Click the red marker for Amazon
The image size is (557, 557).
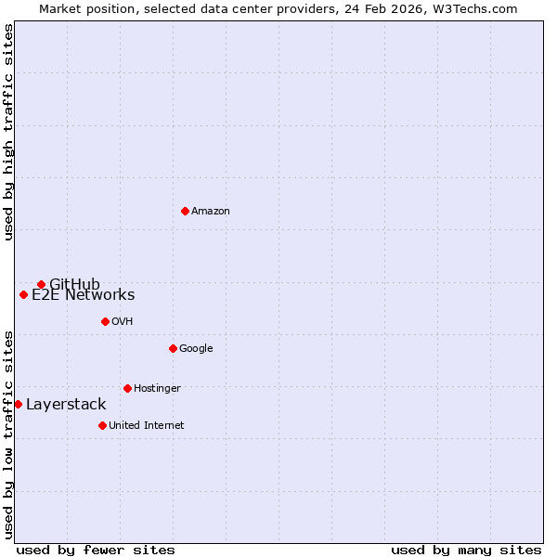185,211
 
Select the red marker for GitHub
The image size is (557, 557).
41,284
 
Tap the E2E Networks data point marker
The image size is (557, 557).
23,295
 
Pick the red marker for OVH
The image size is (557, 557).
105,321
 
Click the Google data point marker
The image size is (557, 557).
173,348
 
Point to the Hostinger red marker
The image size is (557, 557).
127,388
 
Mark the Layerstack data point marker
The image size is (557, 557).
18,404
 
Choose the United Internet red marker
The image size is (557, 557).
102,425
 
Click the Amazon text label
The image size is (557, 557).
211,211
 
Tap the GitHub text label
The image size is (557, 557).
74,284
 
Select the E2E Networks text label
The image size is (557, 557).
83,295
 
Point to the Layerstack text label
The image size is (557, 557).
66,405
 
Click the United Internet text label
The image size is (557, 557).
146,425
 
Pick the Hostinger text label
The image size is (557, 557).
157,388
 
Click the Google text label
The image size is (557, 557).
196,348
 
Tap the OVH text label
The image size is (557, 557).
122,321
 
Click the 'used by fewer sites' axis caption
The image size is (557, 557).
96,550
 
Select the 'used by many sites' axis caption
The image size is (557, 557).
466,550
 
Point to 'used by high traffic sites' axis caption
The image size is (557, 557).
8,132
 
